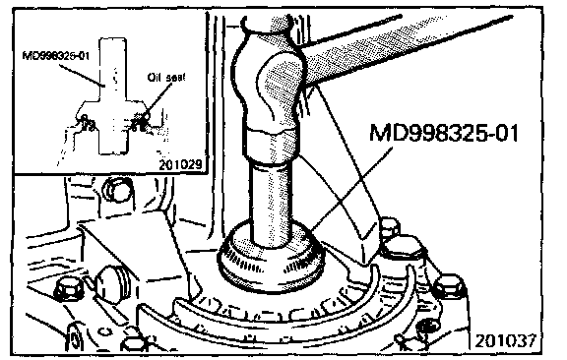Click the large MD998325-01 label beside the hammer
[444, 133]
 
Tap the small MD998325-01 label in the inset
[56, 56]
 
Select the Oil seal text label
[166, 78]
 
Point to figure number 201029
[180, 165]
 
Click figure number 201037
[505, 340]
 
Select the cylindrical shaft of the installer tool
[272, 203]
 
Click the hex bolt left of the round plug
[69, 288]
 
